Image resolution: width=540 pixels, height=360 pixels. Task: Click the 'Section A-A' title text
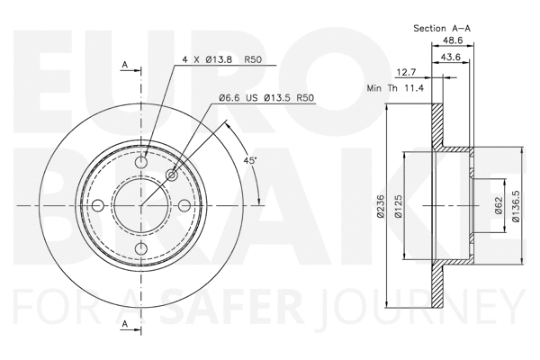[442, 28]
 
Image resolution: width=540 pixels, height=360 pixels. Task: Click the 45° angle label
[251, 160]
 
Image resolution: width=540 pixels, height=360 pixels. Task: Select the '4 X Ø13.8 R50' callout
[220, 58]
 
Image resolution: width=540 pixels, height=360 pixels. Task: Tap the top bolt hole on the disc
[141, 163]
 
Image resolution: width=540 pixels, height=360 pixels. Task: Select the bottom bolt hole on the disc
[141, 249]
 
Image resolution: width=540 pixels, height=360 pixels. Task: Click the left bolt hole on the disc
[98, 206]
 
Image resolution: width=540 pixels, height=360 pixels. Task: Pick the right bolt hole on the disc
[184, 206]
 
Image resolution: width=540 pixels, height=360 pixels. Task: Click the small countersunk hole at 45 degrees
[172, 175]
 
